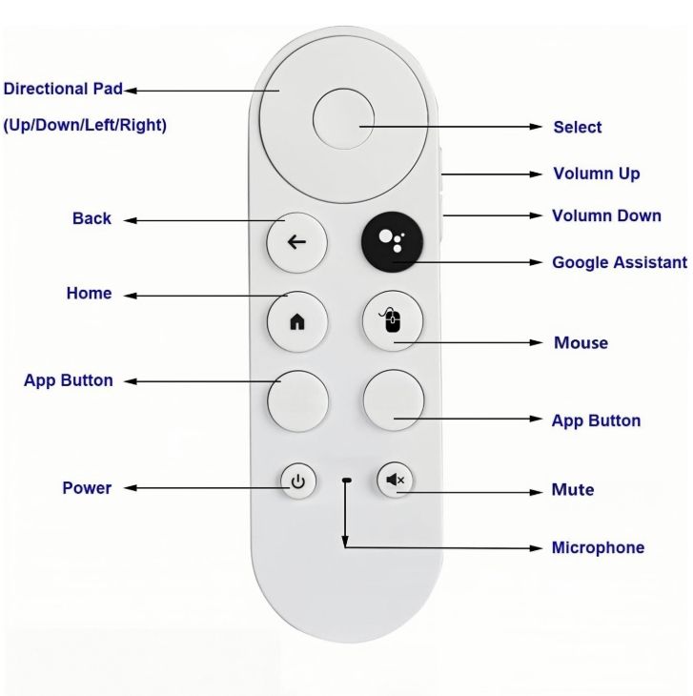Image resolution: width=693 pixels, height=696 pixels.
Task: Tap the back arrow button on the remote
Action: click(x=296, y=241)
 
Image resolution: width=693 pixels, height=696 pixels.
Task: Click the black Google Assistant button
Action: click(x=391, y=241)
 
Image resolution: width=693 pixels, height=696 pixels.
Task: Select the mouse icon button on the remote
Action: click(x=393, y=321)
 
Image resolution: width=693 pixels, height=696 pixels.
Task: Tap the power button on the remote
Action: click(x=298, y=481)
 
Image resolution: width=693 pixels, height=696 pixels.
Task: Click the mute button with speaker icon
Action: click(x=395, y=480)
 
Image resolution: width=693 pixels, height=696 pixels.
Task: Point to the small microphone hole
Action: click(x=346, y=480)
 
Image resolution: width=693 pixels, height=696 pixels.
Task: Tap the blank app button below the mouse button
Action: click(x=394, y=400)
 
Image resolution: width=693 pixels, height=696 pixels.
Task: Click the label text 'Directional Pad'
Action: click(x=64, y=90)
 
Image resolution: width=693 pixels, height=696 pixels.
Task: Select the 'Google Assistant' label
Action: click(x=620, y=262)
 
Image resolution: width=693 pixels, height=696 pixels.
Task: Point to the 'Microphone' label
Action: click(x=598, y=547)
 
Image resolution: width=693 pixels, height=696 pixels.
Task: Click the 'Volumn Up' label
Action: click(x=597, y=174)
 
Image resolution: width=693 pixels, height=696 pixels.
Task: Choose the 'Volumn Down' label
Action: click(x=606, y=215)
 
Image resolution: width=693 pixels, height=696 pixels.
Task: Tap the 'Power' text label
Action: click(x=87, y=488)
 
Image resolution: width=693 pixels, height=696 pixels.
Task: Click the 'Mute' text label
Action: click(x=573, y=490)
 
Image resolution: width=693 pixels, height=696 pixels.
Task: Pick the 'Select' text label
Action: click(x=578, y=127)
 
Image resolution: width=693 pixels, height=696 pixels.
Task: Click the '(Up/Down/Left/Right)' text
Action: click(x=85, y=125)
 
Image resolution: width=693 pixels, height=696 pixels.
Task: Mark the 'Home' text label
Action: click(x=89, y=294)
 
